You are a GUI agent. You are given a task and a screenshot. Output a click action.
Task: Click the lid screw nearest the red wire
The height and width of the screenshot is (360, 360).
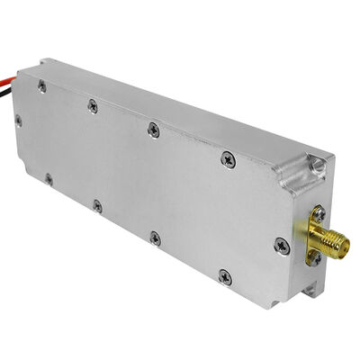[42, 85]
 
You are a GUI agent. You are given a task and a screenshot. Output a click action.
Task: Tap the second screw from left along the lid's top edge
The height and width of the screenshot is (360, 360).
[93, 106]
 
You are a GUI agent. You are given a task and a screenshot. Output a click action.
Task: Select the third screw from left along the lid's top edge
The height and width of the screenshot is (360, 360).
[153, 130]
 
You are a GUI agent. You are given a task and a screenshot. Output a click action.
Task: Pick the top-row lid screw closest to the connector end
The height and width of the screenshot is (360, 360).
[227, 159]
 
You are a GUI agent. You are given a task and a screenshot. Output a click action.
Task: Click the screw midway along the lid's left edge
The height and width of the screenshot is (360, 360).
[19, 119]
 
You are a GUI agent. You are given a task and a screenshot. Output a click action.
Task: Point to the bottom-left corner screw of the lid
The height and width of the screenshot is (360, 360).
[48, 178]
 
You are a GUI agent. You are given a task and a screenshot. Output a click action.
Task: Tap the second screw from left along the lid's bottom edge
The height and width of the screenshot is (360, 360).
[97, 206]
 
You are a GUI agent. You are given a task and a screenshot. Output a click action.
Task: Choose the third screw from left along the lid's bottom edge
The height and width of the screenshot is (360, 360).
[155, 238]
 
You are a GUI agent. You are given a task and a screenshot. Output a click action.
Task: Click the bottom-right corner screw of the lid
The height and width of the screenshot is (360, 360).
[225, 275]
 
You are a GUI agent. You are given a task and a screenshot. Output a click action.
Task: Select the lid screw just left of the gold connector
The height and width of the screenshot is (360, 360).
[282, 245]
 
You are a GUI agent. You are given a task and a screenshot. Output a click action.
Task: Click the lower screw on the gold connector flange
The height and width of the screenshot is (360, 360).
[314, 257]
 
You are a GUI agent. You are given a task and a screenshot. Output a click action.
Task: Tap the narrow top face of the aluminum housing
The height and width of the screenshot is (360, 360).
[180, 103]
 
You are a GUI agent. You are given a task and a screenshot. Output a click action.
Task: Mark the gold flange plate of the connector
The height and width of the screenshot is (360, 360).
[315, 236]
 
